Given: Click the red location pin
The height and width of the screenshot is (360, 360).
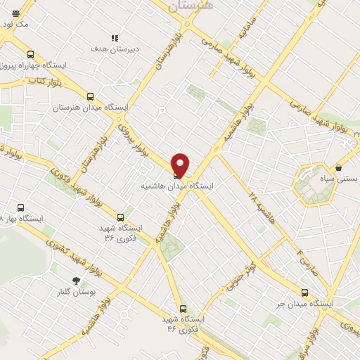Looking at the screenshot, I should (x=181, y=165).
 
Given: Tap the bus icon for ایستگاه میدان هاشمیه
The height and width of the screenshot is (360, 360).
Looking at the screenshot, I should (x=176, y=175).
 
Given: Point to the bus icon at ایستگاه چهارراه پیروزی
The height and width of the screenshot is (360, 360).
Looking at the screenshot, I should (x=29, y=54).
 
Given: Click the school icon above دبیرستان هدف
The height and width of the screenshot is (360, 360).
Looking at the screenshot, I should (x=115, y=38).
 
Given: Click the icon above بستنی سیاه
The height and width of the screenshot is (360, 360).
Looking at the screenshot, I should (x=340, y=168).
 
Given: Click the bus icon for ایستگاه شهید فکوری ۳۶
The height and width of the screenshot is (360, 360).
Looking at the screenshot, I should (x=121, y=217).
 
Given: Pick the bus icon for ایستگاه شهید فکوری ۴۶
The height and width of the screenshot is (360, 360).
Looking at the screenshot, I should (x=183, y=308).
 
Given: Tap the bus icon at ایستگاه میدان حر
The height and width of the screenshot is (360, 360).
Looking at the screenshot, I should (x=304, y=292).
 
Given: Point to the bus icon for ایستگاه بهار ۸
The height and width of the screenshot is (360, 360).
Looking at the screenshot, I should (x=21, y=208).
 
